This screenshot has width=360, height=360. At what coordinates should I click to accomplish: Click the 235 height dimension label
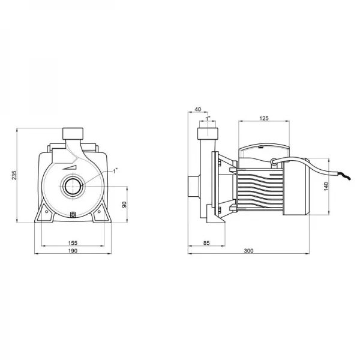tap(14, 175)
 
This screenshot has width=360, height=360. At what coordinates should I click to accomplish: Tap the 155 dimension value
tap(73, 243)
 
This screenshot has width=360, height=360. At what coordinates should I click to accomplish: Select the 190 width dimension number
tap(73, 251)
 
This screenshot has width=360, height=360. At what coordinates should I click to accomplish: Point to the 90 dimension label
tap(124, 205)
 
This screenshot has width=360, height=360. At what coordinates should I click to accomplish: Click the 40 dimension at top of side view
tap(197, 109)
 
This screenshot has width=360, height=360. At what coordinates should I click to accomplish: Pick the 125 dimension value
tap(264, 118)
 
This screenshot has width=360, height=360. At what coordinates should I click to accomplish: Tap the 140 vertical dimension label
tap(326, 186)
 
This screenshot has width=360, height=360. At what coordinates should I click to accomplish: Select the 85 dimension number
tap(206, 243)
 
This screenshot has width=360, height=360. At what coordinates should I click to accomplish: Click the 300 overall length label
tap(248, 251)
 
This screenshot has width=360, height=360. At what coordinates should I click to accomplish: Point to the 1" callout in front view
tap(115, 171)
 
